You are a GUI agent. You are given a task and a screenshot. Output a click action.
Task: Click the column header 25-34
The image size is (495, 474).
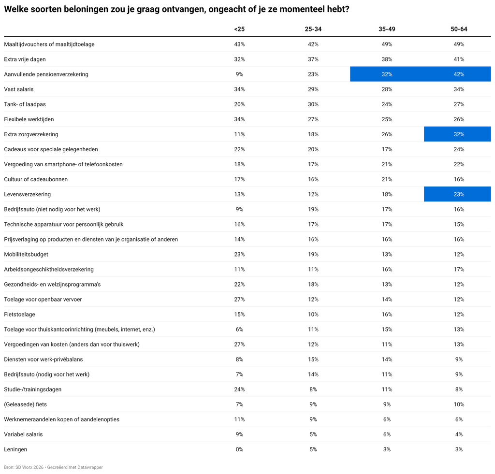[x=313, y=29]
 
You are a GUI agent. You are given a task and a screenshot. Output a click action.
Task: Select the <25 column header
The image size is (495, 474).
[x=239, y=29]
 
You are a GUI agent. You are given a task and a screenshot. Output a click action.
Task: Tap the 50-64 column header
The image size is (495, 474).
[x=459, y=29]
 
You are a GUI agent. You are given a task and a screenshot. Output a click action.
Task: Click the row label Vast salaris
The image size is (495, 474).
[x=19, y=89]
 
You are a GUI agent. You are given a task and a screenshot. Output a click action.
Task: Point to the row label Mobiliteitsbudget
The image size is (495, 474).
[x=26, y=254]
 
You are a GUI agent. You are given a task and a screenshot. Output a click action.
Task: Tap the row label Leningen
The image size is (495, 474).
[x=15, y=449]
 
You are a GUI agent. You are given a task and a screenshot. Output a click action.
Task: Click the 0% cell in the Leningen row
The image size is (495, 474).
[x=239, y=449]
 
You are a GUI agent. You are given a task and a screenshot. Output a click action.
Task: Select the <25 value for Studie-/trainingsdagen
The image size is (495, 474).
[x=239, y=389]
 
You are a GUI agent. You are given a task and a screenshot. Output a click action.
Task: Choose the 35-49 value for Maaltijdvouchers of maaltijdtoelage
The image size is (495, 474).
[x=387, y=44]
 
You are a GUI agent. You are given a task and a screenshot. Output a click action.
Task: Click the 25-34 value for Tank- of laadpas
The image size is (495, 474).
[x=313, y=104]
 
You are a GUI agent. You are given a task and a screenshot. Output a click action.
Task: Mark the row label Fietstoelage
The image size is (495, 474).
[x=19, y=315]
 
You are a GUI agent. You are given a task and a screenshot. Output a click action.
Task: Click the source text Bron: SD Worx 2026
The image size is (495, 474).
[x=24, y=467]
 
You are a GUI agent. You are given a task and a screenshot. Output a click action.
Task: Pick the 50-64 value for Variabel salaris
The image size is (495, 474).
[x=459, y=434]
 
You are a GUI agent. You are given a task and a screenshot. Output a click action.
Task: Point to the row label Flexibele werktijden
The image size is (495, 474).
[x=29, y=119]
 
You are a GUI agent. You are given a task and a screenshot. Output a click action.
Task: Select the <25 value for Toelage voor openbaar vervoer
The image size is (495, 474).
[x=239, y=299]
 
